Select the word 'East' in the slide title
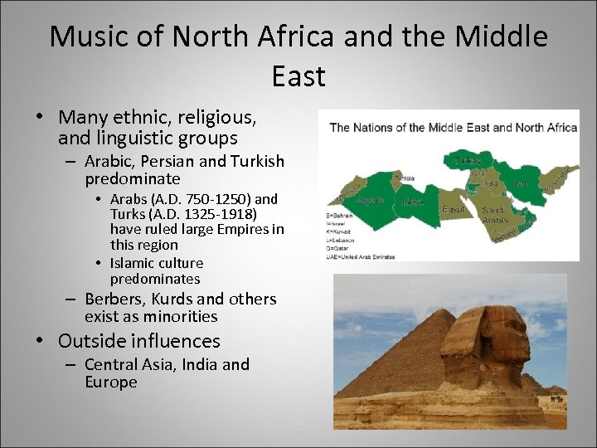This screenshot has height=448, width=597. [298, 76]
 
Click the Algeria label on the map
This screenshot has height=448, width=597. [370, 200]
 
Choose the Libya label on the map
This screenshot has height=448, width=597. [412, 202]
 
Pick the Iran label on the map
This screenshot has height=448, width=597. [521, 184]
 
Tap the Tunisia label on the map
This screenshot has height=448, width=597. [405, 178]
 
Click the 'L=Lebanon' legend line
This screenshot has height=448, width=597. [344, 240]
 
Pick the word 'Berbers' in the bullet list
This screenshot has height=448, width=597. [114, 299]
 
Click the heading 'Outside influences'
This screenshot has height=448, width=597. [139, 341]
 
